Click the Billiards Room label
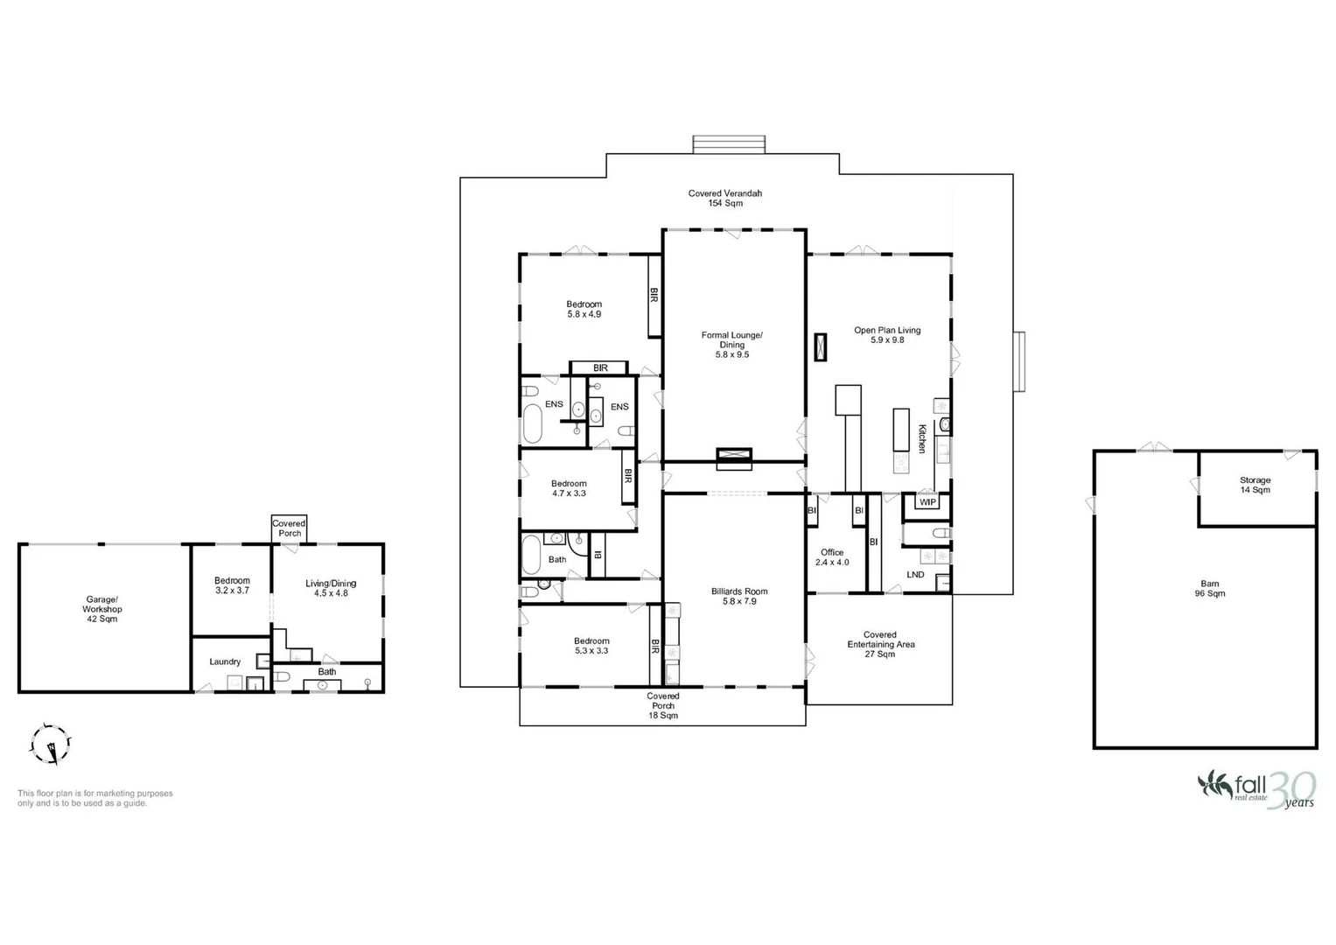click(739, 596)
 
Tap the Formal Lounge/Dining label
click(732, 345)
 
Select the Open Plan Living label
click(887, 335)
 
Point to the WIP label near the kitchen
click(927, 502)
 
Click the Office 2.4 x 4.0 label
click(832, 557)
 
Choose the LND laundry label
click(915, 575)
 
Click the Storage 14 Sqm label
click(1255, 485)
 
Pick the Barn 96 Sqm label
click(1210, 589)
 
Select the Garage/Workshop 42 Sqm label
click(101, 609)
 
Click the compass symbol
click(51, 745)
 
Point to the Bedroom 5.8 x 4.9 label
click(584, 309)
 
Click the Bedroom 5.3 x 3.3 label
click(591, 646)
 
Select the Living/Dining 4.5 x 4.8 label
click(331, 588)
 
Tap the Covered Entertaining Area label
click(880, 644)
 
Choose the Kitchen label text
click(922, 437)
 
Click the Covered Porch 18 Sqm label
click(663, 705)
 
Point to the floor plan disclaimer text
click(95, 798)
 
